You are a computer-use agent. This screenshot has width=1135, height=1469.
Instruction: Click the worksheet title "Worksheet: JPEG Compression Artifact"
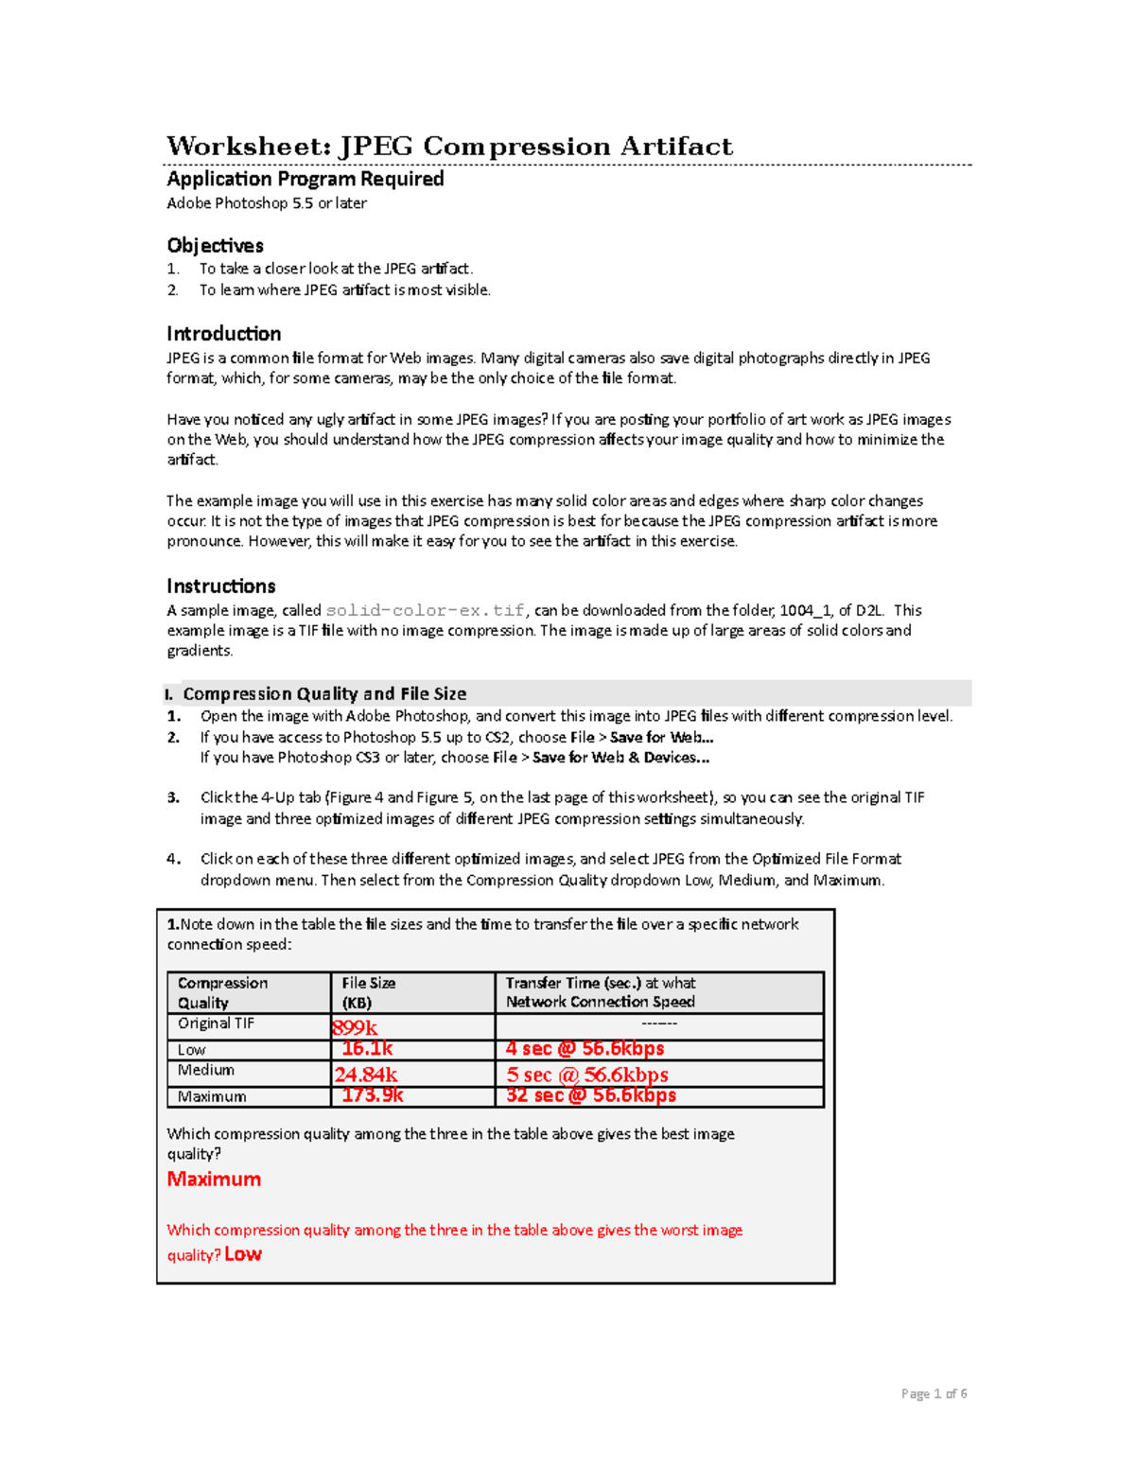(x=449, y=147)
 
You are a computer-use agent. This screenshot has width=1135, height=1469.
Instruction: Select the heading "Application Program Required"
(x=305, y=179)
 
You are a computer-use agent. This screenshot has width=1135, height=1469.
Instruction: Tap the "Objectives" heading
(x=215, y=246)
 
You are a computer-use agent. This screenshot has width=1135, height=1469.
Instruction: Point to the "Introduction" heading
(x=223, y=334)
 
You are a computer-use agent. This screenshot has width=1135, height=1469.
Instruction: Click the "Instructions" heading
(x=220, y=586)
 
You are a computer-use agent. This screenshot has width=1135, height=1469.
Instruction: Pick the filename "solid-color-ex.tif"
(x=425, y=611)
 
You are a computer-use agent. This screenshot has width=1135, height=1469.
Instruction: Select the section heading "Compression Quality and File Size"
(x=324, y=693)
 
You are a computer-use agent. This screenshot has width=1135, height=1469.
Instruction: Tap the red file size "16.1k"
(x=367, y=1049)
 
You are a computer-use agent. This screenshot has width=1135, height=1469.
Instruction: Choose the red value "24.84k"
(x=365, y=1075)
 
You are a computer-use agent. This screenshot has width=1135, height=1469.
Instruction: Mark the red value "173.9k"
(x=373, y=1095)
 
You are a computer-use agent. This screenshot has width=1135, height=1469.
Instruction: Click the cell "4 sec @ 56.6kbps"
(x=585, y=1049)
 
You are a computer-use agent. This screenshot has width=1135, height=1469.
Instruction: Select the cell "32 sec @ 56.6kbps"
(x=590, y=1095)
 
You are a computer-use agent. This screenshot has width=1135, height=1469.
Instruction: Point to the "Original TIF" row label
(x=216, y=1023)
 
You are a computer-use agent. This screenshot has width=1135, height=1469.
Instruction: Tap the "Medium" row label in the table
(x=206, y=1070)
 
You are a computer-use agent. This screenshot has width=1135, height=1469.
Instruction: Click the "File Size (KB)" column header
(x=369, y=992)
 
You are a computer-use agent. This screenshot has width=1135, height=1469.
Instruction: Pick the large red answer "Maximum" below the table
(x=214, y=1180)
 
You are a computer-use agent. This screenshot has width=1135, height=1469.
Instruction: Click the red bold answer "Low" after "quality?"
(x=243, y=1254)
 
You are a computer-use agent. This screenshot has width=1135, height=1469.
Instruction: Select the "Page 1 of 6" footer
(x=934, y=1393)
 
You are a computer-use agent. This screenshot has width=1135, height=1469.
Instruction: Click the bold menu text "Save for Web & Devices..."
(x=620, y=758)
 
